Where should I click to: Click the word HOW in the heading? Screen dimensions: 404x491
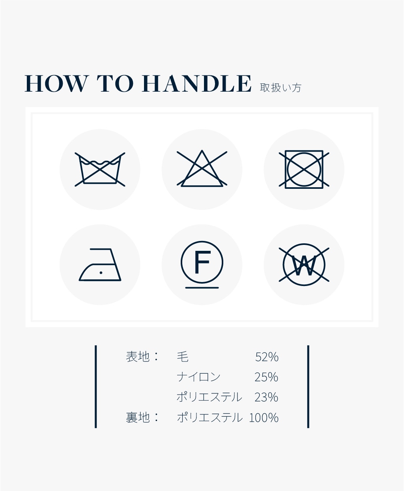click(56, 83)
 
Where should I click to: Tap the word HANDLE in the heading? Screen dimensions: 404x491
click(197, 83)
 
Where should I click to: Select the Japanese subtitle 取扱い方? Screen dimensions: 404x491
click(281, 88)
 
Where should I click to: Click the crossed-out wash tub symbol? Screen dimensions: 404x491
click(100, 169)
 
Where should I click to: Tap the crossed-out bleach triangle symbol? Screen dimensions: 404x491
click(202, 169)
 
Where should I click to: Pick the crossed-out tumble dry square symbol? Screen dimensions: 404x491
click(304, 169)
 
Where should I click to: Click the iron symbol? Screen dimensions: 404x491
click(100, 265)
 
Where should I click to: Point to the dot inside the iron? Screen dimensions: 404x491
click(101, 273)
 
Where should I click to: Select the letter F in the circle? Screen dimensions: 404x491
click(202, 262)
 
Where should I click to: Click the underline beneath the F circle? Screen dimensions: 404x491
click(202, 288)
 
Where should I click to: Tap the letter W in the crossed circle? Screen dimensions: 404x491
click(304, 265)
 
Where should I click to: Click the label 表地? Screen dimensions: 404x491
click(138, 357)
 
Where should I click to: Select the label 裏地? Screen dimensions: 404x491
click(138, 418)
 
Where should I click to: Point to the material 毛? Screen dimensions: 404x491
click(183, 357)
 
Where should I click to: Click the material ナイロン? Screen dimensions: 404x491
click(198, 377)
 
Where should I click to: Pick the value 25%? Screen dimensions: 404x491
click(266, 377)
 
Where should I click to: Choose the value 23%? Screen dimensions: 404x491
click(266, 397)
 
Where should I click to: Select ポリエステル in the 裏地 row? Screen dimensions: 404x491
click(209, 418)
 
